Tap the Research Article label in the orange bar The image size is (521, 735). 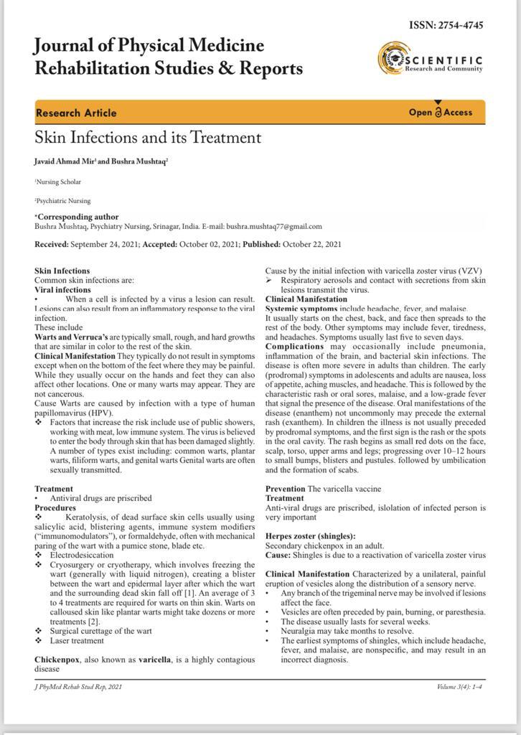(75, 113)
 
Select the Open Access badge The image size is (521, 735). (440, 112)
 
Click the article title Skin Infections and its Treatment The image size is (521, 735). (148, 137)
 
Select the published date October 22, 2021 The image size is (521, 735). (312, 245)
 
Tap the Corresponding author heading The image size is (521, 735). (78, 217)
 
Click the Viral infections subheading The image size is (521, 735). (63, 289)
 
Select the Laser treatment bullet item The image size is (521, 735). (77, 640)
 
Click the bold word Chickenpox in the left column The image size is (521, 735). (58, 659)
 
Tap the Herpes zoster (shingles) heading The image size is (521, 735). (310, 536)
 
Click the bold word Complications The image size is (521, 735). (294, 347)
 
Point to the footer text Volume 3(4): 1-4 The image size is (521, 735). (459, 687)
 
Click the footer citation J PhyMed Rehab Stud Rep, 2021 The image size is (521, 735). (78, 687)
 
